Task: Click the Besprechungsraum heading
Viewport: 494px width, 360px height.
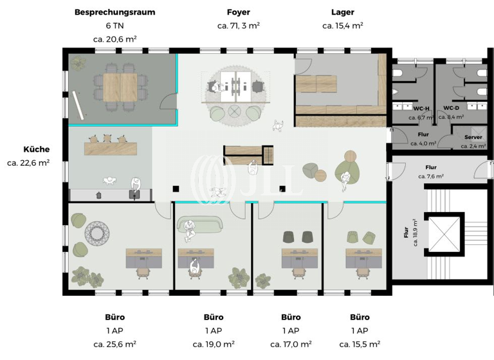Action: coord(114,12)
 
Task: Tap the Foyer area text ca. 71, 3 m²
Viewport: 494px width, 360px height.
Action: coord(238,26)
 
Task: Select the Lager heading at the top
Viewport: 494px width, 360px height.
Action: coord(342,12)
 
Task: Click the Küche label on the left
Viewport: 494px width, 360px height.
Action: coord(36,149)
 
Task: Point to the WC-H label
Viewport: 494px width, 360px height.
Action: coord(421,109)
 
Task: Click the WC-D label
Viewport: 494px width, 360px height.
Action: coord(451,109)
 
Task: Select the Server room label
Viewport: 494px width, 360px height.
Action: coord(473,138)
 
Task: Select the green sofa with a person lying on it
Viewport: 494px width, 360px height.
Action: coord(199,224)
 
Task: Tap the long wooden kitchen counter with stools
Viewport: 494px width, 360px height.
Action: coord(112,148)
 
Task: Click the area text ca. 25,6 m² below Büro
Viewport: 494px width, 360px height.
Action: coord(114,344)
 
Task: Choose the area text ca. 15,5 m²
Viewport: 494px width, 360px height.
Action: coord(359,344)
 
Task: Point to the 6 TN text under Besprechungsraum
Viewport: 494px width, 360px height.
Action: coord(114,26)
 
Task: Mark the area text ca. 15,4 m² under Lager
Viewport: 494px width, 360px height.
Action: coord(342,26)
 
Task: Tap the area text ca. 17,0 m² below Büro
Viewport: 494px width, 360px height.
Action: coord(291,344)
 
